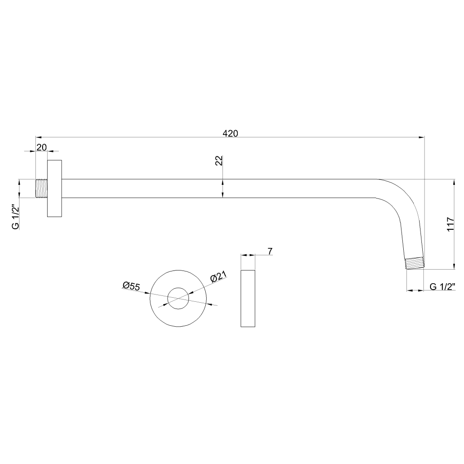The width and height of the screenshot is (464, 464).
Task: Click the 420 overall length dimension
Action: point(230,134)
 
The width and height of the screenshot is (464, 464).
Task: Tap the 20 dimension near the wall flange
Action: point(42,147)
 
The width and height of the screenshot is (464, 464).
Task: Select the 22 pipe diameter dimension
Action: point(219,160)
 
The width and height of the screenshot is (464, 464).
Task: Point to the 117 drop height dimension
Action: point(450,224)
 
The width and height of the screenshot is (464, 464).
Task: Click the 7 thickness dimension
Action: point(270,251)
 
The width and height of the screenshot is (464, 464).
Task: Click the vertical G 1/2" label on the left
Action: point(15,217)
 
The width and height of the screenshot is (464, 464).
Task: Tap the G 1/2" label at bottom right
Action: point(442,286)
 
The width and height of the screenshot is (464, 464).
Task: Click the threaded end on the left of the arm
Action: point(41,188)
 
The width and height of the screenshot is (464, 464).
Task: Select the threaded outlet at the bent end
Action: point(415,263)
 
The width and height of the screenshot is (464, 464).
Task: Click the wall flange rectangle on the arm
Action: point(54,188)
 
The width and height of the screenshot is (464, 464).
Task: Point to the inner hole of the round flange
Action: point(178,288)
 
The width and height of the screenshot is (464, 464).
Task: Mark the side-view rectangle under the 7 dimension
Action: point(248,298)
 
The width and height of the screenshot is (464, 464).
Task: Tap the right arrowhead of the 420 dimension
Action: point(421,137)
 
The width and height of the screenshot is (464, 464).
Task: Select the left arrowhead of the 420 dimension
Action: point(39,137)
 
